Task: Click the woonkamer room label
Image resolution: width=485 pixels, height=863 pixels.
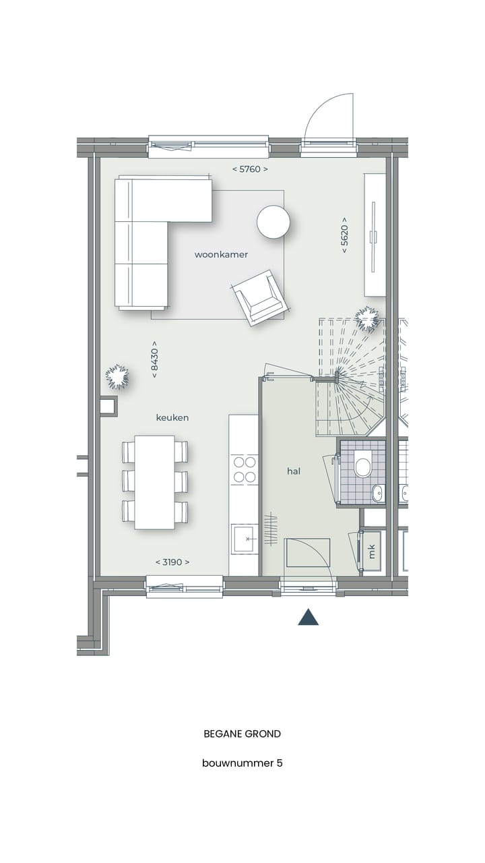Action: click(x=221, y=255)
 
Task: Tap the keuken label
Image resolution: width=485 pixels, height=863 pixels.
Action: click(x=172, y=418)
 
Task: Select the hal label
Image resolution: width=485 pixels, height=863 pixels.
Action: click(x=294, y=472)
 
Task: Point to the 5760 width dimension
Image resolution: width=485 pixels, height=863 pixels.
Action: click(x=249, y=169)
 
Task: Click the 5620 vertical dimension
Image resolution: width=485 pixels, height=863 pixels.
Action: click(x=344, y=235)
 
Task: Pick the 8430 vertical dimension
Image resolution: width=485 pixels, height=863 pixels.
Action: click(x=154, y=359)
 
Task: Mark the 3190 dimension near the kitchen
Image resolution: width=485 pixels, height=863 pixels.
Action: click(x=172, y=562)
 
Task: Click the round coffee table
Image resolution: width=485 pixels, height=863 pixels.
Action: click(x=273, y=222)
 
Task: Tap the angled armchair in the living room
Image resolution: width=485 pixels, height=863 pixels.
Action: click(x=259, y=298)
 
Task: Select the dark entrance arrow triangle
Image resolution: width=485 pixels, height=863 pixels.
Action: click(x=308, y=618)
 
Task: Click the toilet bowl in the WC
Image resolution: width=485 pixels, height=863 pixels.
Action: click(x=364, y=467)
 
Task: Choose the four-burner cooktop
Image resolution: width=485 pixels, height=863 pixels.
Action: click(x=244, y=469)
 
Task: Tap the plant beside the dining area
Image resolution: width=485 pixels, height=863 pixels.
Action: click(x=116, y=376)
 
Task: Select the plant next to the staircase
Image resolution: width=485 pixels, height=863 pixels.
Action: click(x=368, y=319)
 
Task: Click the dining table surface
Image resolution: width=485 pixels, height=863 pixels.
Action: click(x=154, y=481)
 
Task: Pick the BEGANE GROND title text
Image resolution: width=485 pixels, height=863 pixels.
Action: click(x=243, y=734)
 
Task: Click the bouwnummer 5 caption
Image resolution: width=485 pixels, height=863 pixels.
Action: click(x=243, y=764)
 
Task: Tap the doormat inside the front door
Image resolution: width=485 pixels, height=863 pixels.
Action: click(x=308, y=552)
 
